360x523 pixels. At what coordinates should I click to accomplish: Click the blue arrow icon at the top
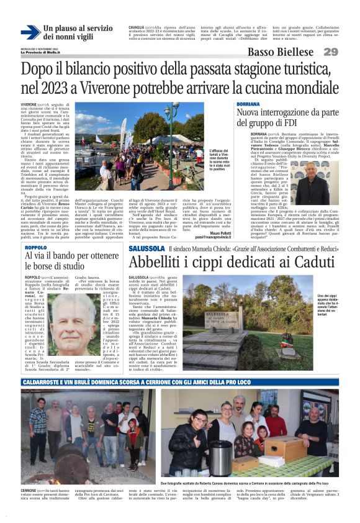[x=30, y=32]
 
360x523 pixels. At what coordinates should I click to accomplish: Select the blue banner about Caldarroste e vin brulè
[x=179, y=382]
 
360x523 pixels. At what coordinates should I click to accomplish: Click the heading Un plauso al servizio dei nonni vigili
[x=78, y=33]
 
